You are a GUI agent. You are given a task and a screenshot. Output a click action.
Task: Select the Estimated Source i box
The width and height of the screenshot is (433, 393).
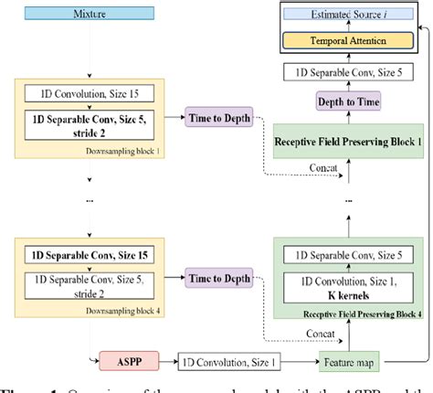point(344,15)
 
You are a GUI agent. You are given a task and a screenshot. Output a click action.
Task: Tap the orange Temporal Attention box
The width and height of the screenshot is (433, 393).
point(344,40)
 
